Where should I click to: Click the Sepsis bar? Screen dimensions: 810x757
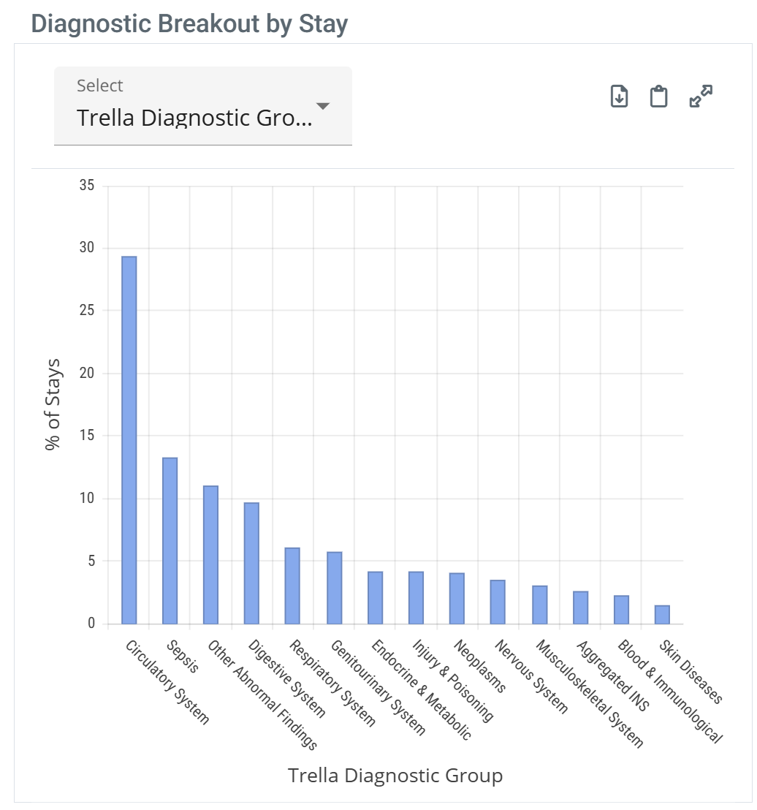[170, 541]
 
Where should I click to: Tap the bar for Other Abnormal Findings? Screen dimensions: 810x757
[210, 555]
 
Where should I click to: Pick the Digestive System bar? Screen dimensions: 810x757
[251, 563]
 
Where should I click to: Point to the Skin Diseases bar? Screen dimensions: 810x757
[662, 615]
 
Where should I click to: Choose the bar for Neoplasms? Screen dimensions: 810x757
[457, 599]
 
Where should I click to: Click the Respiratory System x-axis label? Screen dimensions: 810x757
[332, 684]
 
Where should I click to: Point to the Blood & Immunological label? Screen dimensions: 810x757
[669, 692]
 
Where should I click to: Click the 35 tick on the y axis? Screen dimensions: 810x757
[87, 186]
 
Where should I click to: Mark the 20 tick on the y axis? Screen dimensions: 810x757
[87, 374]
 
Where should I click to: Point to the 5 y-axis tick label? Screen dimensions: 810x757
[91, 561]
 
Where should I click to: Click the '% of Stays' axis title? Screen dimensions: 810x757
[53, 404]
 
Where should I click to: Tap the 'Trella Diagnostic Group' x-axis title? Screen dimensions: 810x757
[395, 775]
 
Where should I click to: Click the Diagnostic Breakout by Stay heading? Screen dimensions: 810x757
[189, 24]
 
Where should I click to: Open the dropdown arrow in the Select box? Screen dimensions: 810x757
[322, 107]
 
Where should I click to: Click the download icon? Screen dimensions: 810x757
[619, 96]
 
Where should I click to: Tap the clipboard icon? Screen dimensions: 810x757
[659, 96]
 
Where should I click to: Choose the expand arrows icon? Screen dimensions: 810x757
[701, 96]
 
